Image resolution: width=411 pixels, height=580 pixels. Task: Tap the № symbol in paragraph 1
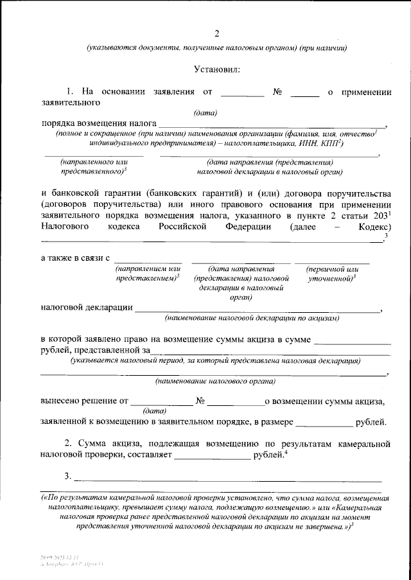click(x=278, y=92)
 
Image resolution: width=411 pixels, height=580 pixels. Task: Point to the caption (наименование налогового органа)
click(x=215, y=381)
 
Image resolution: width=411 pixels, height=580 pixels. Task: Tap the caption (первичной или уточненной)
click(x=332, y=274)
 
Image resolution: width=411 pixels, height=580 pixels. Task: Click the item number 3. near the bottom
click(x=67, y=476)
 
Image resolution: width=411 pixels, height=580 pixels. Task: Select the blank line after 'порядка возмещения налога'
click(x=272, y=126)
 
